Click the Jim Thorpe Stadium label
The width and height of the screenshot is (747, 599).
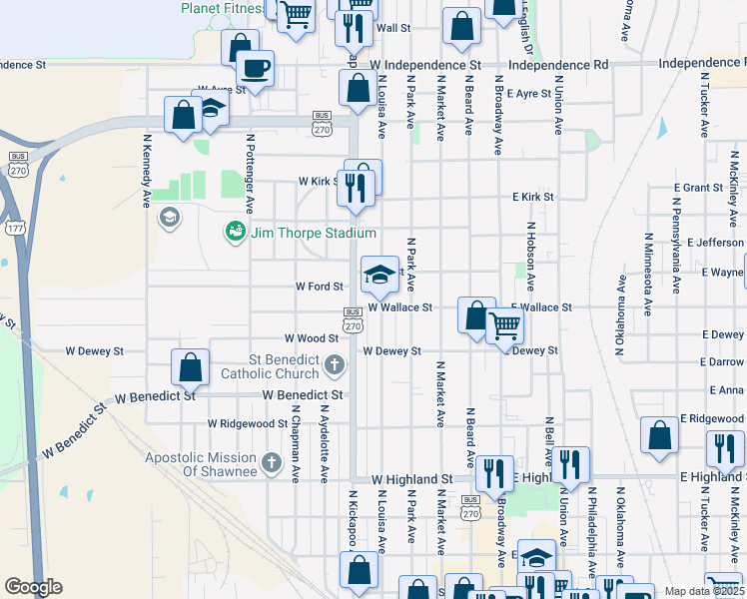point(313,233)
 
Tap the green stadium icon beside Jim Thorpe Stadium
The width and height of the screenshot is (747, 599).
point(236,232)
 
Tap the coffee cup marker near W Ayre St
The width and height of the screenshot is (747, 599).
point(254,69)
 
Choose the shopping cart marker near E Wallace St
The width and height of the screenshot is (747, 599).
point(505,324)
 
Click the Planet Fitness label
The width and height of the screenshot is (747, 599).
point(222,8)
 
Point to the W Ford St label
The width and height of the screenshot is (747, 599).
point(320,287)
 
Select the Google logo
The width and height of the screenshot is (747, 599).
point(33,587)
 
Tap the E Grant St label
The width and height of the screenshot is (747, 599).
point(704,188)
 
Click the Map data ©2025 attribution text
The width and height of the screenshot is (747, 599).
point(704,591)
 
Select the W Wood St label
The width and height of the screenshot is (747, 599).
point(306,339)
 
